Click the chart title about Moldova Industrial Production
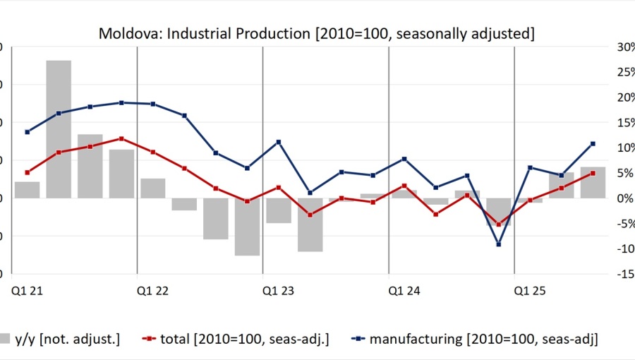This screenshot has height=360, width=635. [316, 33]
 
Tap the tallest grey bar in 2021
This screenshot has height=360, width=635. [59, 128]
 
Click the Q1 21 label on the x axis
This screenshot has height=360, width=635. [25, 289]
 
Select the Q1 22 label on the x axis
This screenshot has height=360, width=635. [152, 289]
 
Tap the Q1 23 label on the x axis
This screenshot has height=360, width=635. [277, 289]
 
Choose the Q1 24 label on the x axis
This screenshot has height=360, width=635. [404, 289]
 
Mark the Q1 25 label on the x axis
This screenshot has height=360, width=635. [529, 289]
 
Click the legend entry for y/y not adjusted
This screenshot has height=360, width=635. [60, 339]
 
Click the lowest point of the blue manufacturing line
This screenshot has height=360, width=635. [499, 244]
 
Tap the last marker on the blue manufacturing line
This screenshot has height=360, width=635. [593, 144]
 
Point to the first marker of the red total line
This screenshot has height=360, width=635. [28, 172]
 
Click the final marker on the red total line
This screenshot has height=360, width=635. [593, 173]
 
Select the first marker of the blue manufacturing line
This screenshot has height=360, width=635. [28, 132]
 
